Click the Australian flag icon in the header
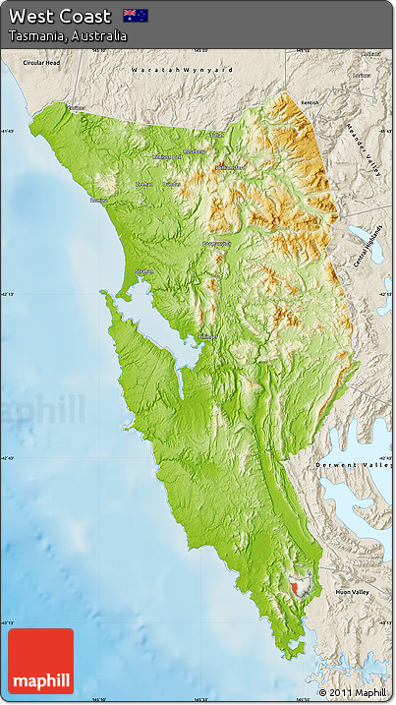click(x=135, y=15)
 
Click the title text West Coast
click(x=60, y=16)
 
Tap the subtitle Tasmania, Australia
click(x=67, y=35)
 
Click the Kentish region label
click(x=311, y=102)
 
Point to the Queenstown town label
click(x=216, y=243)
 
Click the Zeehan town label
click(x=143, y=183)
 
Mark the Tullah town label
click(x=216, y=135)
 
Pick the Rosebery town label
click(x=195, y=151)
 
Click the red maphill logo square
click(x=40, y=662)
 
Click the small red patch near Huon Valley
click(x=298, y=588)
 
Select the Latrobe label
click(x=363, y=75)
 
